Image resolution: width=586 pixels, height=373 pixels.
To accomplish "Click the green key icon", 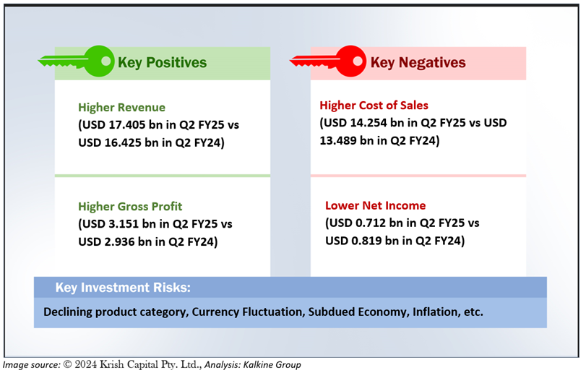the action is click(x=77, y=61).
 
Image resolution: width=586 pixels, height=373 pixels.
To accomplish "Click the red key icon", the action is click(x=328, y=61).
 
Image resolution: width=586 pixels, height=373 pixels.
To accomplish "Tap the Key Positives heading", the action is click(x=162, y=62).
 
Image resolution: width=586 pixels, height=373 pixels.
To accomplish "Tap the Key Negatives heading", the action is click(x=418, y=62).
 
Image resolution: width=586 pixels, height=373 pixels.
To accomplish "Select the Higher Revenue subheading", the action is click(x=122, y=107).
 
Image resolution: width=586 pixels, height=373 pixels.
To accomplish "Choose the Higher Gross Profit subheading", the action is click(x=130, y=206).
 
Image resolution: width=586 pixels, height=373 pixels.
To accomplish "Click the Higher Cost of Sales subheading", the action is click(x=374, y=106).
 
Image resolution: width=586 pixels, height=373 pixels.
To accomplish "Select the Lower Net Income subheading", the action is click(x=375, y=205).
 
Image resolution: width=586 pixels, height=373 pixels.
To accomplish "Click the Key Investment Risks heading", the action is click(x=123, y=288).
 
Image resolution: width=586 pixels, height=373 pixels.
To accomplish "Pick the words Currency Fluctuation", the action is click(x=248, y=312).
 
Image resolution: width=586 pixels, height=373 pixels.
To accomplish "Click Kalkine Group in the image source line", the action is click(x=272, y=365).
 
